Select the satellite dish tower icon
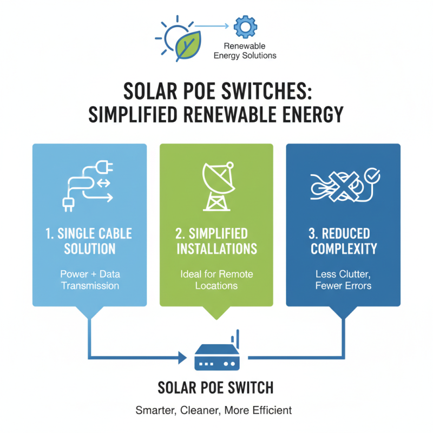216,186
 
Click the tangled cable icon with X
338,187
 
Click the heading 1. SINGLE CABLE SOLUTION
89,241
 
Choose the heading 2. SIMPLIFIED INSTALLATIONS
216,241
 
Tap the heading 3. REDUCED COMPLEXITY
343,241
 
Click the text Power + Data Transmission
89,280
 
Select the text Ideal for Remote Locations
216,280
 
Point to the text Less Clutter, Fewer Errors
343,280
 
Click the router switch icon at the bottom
216,357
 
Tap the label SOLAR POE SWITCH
215,388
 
